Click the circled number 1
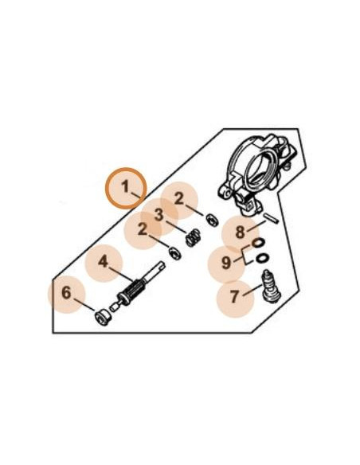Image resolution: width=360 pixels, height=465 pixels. [125, 187]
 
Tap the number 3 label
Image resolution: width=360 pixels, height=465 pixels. [159, 215]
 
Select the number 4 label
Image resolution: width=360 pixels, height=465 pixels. [104, 262]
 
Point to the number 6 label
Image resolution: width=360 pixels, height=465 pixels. [66, 293]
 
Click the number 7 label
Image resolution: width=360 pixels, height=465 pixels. [235, 296]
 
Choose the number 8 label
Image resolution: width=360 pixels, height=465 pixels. [240, 232]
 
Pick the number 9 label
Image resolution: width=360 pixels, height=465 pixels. [226, 263]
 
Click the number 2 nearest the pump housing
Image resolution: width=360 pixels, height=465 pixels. [179, 199]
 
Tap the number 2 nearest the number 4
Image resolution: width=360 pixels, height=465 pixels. [143, 229]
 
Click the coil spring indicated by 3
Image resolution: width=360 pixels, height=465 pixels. [193, 238]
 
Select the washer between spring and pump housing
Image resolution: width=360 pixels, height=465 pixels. [213, 220]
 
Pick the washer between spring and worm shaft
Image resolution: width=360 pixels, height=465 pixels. [175, 253]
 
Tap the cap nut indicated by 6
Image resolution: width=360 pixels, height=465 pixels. [102, 318]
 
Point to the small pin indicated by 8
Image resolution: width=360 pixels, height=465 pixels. [272, 218]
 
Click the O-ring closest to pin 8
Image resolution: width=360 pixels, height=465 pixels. [258, 244]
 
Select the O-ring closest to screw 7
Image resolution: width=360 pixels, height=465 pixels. [263, 258]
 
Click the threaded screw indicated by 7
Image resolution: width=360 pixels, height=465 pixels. [271, 287]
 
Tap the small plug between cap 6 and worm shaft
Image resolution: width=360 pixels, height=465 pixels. [114, 307]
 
